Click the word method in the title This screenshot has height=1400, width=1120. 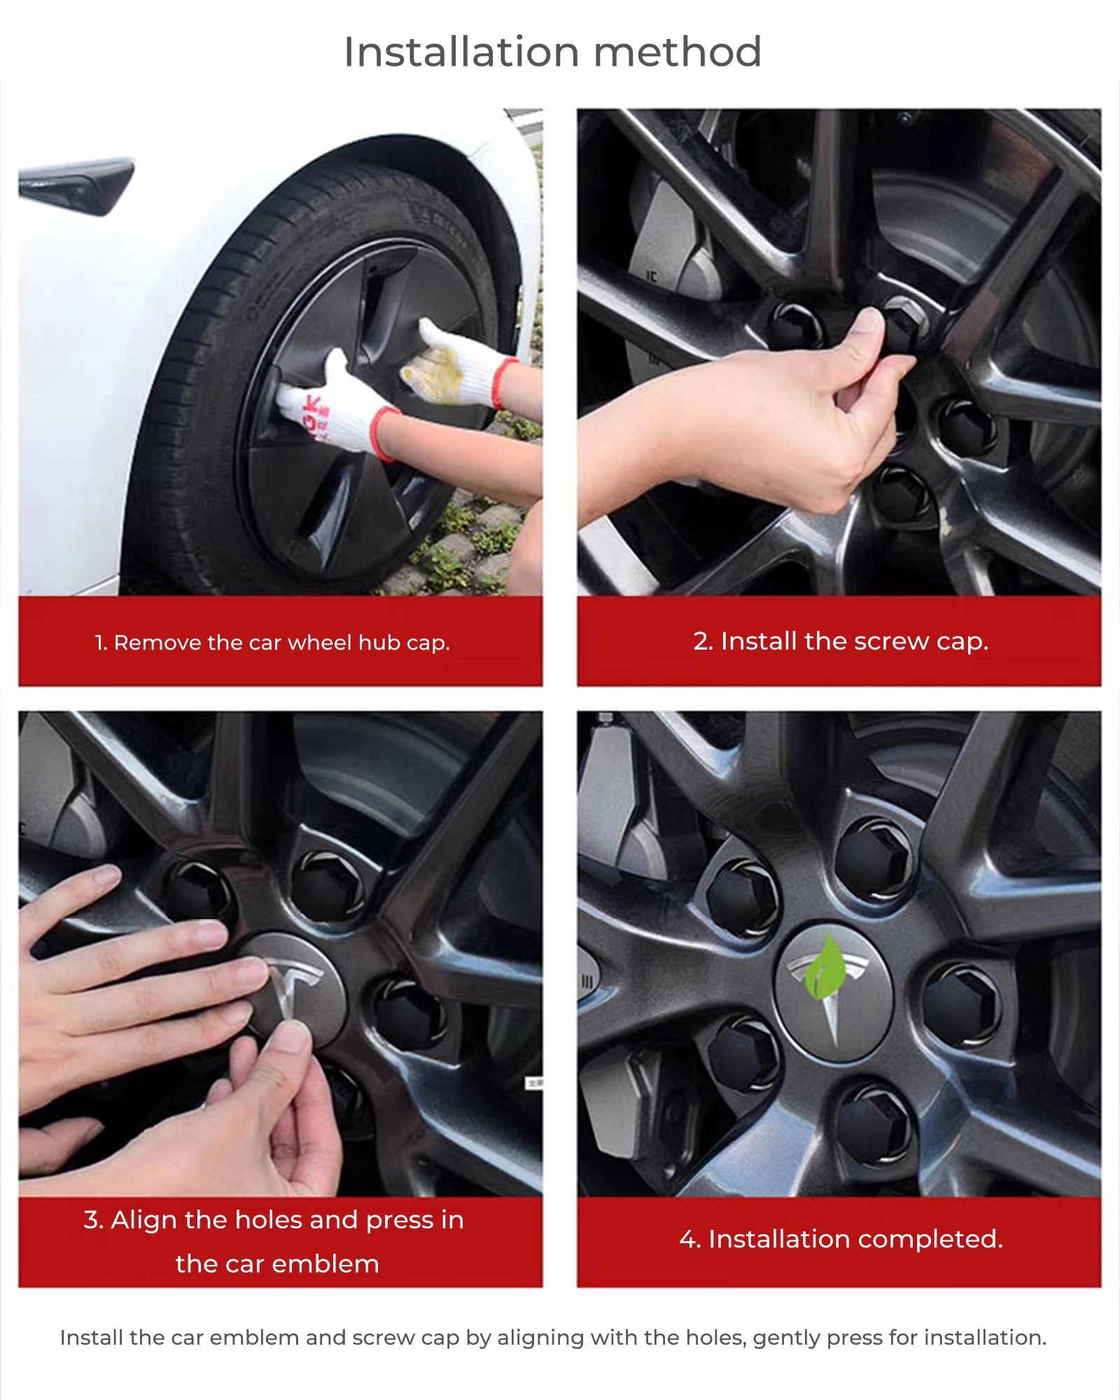678,52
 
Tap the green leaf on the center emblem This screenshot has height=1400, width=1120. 826,966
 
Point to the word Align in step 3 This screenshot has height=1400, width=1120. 143,1220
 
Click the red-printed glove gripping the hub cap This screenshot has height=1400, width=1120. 336,406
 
